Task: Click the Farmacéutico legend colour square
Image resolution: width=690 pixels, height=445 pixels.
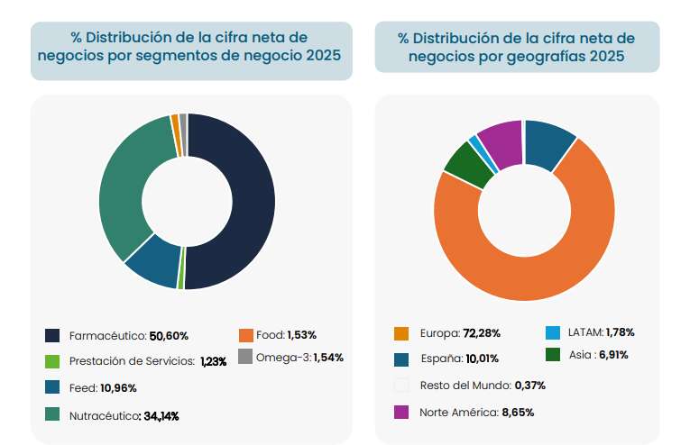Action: tap(52, 336)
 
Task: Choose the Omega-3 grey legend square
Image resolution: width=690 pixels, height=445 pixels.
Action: tap(245, 358)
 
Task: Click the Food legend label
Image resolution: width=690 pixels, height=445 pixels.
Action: tap(270, 335)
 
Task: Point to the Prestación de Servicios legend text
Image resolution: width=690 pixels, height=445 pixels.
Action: tap(132, 361)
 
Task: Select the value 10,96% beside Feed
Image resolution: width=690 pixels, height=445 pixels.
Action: tap(118, 388)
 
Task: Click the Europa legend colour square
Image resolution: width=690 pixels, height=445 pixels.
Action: tap(402, 334)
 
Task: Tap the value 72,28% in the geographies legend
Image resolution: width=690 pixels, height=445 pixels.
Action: tap(482, 334)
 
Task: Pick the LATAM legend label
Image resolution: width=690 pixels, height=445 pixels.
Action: tap(584, 332)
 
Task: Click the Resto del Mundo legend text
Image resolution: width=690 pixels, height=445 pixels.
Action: tap(465, 386)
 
